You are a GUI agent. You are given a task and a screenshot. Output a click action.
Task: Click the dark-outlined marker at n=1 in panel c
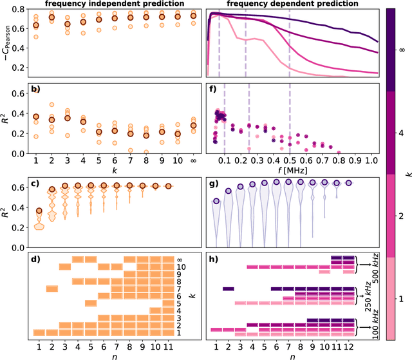39,211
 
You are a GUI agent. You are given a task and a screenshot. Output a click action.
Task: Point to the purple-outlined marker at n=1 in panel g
216,201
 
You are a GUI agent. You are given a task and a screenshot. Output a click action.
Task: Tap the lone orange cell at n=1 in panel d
39,332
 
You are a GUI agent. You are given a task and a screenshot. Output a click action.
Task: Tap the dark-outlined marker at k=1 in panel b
36,117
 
